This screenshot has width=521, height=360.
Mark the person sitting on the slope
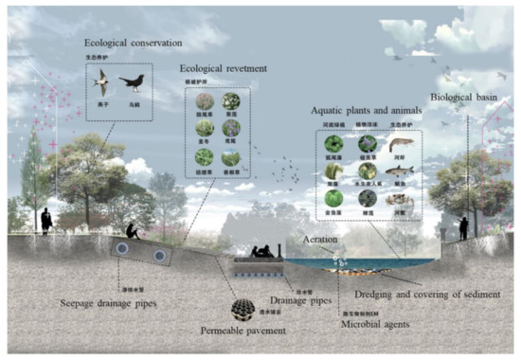tap(134, 230)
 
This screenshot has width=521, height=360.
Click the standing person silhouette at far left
tap(45, 220)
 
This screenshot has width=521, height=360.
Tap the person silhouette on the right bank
tap(462, 225)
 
